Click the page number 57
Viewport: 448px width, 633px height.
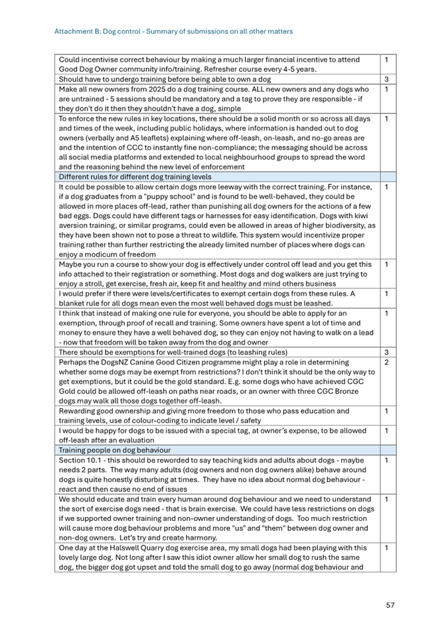[390, 605]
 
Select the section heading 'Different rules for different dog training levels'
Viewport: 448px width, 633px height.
[135, 177]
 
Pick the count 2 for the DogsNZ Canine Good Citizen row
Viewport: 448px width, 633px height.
[386, 363]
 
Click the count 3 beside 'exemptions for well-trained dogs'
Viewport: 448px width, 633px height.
[386, 352]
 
